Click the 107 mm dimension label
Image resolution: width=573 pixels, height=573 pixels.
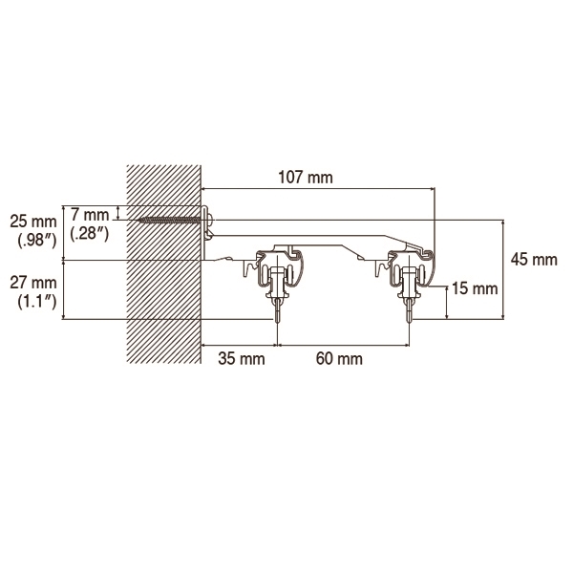[x=306, y=178]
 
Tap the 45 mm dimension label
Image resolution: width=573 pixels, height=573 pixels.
[x=534, y=260]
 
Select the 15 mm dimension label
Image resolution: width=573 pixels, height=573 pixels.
[x=475, y=288]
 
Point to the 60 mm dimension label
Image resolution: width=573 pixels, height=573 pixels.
[x=339, y=358]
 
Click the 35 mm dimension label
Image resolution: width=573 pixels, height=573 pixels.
[x=242, y=358]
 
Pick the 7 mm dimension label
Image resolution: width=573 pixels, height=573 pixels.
[x=90, y=215]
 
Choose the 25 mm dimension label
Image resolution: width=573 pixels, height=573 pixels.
[x=33, y=222]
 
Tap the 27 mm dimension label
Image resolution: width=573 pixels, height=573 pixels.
[x=33, y=283]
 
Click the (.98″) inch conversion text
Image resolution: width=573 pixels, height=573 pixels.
[x=37, y=241]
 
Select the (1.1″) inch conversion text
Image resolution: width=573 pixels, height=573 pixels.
[x=37, y=302]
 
